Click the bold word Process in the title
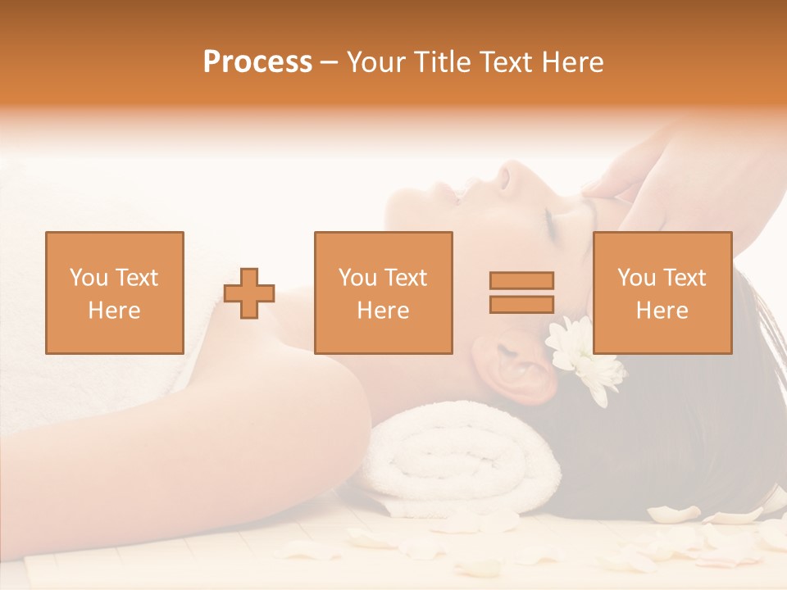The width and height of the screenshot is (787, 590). pos(257,62)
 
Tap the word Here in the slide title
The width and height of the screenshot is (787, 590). pos(571,62)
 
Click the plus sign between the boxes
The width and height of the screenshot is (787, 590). pos(249,293)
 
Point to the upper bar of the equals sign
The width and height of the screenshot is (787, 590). pos(521,281)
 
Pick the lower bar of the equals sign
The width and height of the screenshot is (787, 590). pos(521,305)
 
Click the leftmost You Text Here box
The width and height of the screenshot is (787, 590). pos(115,293)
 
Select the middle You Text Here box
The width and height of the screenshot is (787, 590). pos(383,293)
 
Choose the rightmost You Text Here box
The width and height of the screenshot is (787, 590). pos(662,293)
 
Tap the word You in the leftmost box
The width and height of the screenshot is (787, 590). pos(86,278)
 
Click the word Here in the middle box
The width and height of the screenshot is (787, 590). pos(383,311)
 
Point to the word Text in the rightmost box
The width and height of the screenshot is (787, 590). pos(686,278)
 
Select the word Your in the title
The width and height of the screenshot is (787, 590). pos(375,62)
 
